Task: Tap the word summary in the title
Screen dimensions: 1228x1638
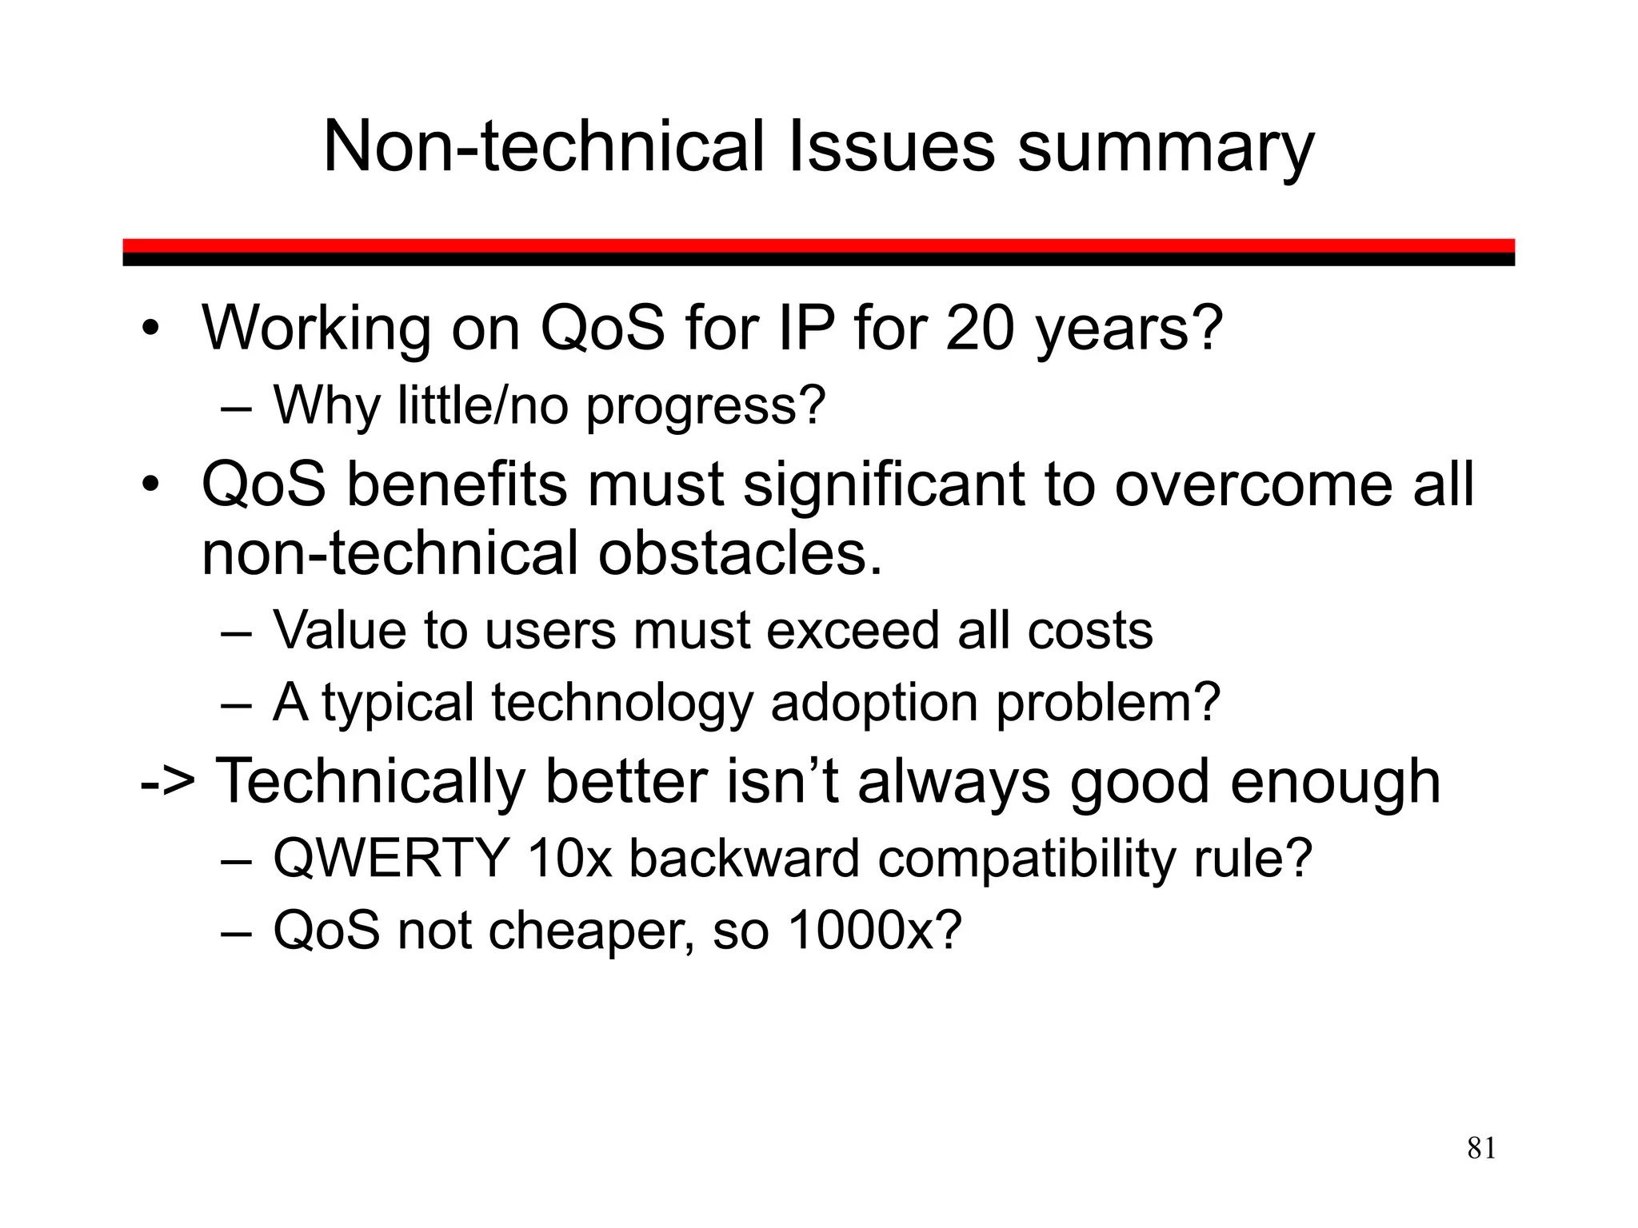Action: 1165,148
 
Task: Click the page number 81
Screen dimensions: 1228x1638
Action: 1481,1148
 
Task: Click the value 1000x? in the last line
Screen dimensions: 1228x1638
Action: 874,931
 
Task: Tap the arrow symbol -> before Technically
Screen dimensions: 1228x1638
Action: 167,782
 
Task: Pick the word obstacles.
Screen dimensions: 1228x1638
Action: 740,554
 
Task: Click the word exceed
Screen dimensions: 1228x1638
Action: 853,631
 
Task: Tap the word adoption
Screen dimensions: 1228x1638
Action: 874,704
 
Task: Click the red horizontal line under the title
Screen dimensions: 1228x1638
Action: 818,245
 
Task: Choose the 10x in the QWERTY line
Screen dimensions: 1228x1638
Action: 569,859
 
